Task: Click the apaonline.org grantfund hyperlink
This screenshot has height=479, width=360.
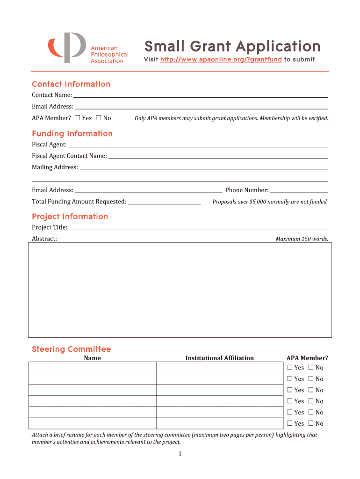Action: [221, 60]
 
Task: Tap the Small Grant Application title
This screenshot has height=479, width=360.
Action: [232, 46]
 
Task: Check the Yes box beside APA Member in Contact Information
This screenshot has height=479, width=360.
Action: [77, 118]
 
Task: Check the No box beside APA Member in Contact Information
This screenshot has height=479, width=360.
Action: [99, 118]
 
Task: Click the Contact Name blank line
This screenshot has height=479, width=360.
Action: [200, 95]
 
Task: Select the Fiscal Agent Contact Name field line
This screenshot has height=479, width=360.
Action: [218, 156]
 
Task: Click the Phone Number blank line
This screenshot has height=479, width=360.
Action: [299, 190]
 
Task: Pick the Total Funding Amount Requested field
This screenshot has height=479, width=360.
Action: [164, 202]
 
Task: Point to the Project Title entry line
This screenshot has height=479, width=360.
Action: [198, 228]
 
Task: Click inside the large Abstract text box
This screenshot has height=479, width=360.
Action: [180, 290]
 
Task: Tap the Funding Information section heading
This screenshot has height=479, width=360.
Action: [72, 134]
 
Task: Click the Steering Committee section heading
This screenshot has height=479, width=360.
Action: [71, 349]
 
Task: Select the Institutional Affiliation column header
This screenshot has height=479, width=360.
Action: [219, 358]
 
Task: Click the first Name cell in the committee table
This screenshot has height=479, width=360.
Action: [92, 368]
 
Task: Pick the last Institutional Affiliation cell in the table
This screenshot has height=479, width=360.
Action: [219, 423]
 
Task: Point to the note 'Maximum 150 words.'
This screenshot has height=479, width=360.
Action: [302, 239]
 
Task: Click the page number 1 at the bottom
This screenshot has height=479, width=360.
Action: [180, 454]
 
